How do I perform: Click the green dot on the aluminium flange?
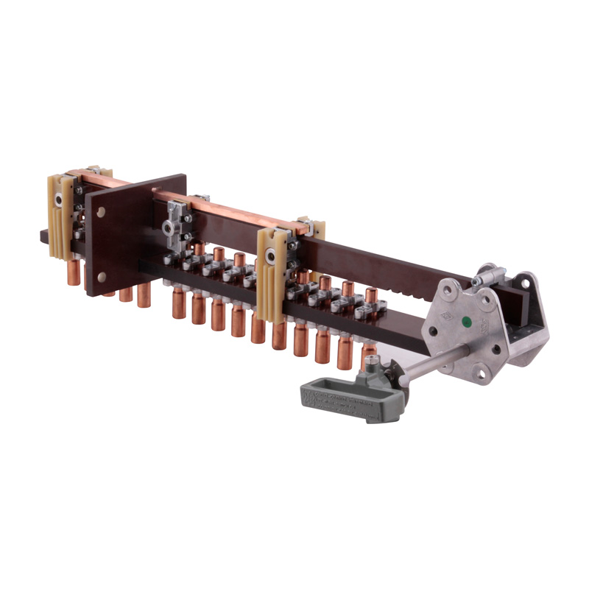pos(465,320)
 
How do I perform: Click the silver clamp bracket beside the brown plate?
pos(176,220)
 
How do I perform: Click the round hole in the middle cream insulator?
pos(272,256)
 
